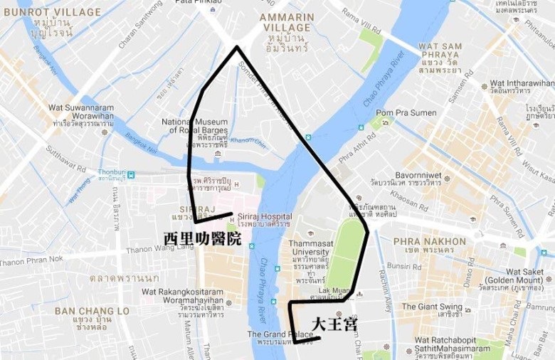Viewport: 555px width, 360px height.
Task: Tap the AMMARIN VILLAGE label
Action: point(287,22)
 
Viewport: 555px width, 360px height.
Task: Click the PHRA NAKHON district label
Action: point(429,241)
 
